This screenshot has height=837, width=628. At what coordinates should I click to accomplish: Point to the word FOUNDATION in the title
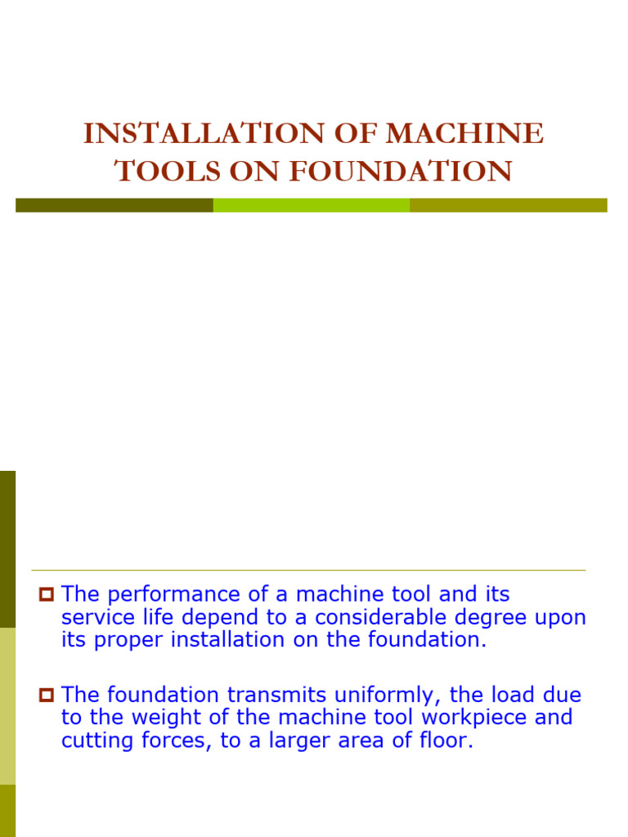click(401, 171)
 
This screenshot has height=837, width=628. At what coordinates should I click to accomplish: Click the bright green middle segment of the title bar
click(311, 205)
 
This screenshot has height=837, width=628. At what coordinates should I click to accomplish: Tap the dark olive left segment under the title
click(114, 205)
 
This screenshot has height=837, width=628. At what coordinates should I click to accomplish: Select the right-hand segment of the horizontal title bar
click(508, 205)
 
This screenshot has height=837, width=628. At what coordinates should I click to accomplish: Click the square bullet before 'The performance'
click(46, 595)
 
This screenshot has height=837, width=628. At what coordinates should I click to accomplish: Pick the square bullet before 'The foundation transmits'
click(46, 696)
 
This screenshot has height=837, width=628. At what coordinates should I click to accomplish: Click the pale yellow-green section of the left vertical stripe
click(7, 705)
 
